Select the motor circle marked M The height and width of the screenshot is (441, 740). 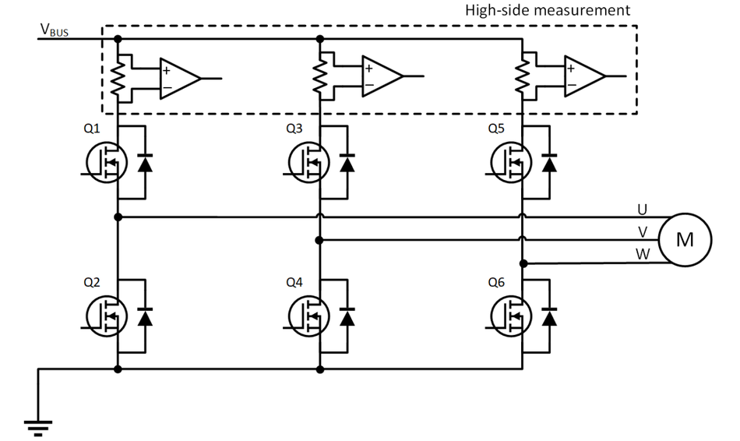[684, 239]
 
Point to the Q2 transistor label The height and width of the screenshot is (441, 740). [92, 282]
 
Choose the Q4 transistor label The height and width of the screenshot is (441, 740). [294, 282]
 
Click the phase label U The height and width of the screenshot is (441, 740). [642, 209]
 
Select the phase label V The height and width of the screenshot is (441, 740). [642, 231]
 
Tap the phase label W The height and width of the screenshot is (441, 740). [642, 253]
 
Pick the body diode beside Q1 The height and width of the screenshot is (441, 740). [145, 163]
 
